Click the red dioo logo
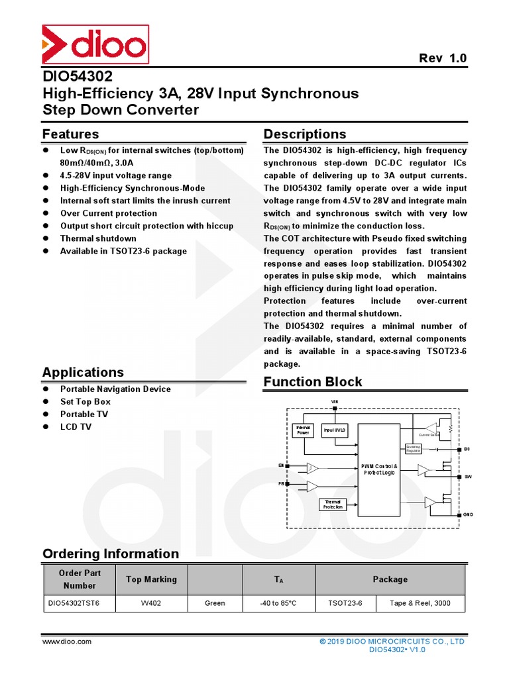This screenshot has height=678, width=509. click(x=95, y=45)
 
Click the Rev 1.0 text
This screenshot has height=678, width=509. click(x=443, y=58)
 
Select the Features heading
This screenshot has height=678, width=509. click(x=70, y=134)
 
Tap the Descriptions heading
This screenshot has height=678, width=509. click(x=305, y=134)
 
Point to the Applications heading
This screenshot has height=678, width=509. click(x=83, y=372)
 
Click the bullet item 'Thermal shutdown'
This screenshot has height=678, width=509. click(x=98, y=238)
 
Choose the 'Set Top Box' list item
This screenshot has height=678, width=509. click(x=85, y=402)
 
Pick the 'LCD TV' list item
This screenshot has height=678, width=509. click(x=76, y=427)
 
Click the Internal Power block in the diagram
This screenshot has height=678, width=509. click(x=303, y=430)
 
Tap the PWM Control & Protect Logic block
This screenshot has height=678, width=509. click(x=379, y=470)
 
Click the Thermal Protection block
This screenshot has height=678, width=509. click(x=333, y=505)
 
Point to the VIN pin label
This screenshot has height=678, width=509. click(x=334, y=402)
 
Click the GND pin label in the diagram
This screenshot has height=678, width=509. click(x=468, y=514)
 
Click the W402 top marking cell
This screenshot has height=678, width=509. click(x=151, y=603)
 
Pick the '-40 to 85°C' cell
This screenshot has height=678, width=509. click(x=278, y=603)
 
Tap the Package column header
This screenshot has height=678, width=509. click(x=390, y=579)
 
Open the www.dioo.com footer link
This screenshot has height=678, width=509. click(x=67, y=642)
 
